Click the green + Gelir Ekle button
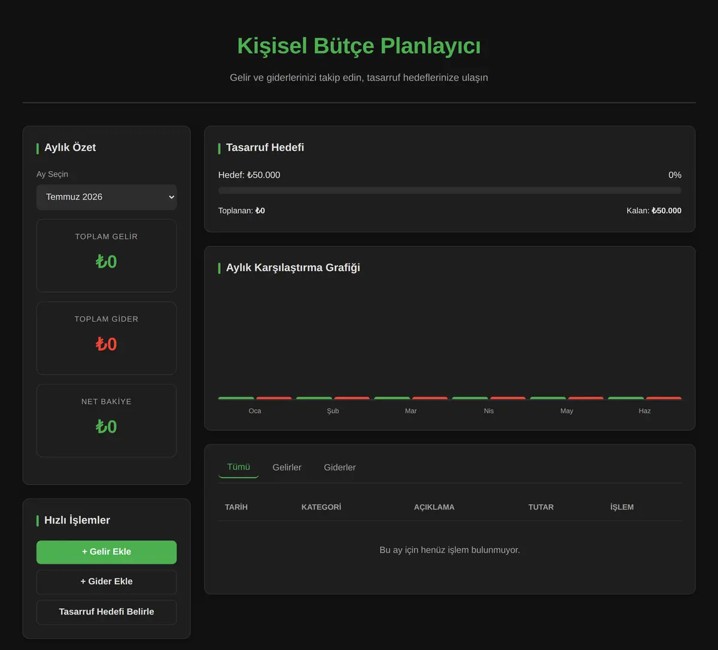point(107,552)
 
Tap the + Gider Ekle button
point(107,582)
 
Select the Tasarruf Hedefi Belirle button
point(107,612)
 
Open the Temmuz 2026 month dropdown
point(107,197)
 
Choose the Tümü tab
point(238,467)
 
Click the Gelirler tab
point(287,467)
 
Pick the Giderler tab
point(340,467)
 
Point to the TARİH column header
point(236,507)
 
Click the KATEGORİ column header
point(321,507)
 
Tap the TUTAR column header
point(541,507)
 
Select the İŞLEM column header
point(622,507)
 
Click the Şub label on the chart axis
point(333,411)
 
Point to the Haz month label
point(644,411)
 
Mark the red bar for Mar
point(430,398)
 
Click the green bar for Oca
point(236,398)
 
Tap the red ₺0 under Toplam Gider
point(107,344)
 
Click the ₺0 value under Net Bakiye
point(107,427)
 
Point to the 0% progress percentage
point(675,175)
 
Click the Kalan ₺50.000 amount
point(666,211)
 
